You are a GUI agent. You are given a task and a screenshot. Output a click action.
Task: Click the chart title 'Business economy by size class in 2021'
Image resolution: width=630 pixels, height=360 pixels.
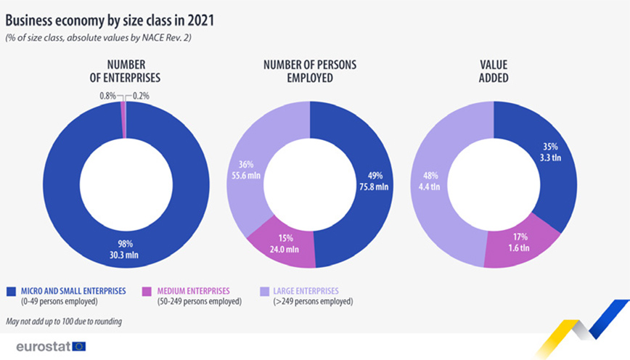109,20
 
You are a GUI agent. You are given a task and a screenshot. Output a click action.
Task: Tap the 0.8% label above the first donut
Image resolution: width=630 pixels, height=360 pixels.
108,95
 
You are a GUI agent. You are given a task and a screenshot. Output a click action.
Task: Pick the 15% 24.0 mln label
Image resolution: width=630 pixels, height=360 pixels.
279,243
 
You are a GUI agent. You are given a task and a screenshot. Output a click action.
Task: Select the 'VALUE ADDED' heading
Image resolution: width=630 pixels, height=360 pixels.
493,70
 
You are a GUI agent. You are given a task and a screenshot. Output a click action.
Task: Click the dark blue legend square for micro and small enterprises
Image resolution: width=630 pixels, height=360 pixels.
10,291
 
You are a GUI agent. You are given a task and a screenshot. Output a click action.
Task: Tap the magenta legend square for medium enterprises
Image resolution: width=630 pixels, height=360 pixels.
148,291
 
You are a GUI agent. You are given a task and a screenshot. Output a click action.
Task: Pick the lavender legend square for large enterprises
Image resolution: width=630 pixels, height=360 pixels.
264,291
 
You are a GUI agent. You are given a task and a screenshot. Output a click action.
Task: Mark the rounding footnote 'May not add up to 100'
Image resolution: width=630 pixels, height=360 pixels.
63,321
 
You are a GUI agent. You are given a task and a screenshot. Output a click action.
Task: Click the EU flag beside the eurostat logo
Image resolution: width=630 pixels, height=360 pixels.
79,346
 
